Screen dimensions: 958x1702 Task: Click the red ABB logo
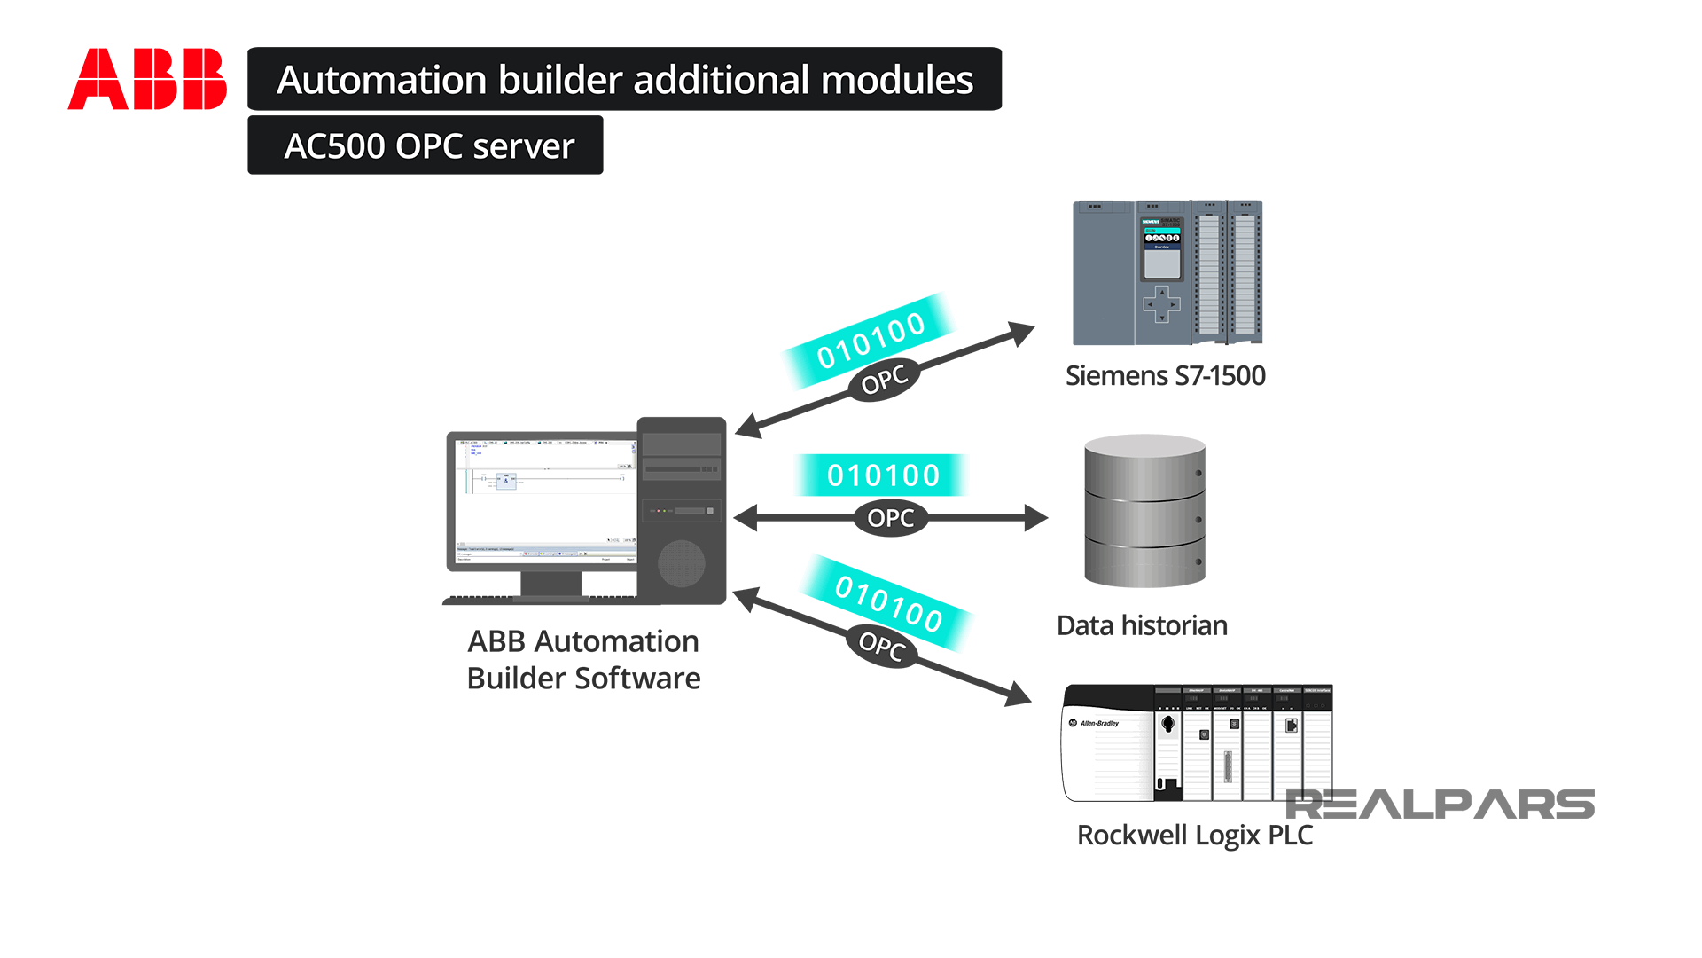point(147,79)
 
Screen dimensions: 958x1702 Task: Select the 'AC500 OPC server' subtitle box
point(425,145)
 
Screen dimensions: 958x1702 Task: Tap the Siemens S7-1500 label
point(1165,375)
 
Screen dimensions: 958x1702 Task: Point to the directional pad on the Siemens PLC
point(1161,304)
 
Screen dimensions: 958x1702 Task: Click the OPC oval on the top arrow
point(884,380)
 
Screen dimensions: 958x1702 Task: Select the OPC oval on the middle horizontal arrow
point(890,518)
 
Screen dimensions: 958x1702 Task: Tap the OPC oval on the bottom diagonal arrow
point(881,645)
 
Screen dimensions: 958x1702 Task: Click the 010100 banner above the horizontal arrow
point(882,475)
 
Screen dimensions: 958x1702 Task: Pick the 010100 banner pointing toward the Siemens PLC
point(870,340)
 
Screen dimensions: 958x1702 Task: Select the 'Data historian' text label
point(1142,625)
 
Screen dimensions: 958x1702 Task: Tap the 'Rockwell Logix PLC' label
point(1194,835)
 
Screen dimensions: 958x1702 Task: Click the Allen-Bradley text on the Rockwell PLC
point(1099,723)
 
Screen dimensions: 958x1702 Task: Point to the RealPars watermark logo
point(1440,805)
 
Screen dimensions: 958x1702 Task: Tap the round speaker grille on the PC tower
point(681,563)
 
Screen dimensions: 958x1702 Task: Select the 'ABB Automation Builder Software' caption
point(583,659)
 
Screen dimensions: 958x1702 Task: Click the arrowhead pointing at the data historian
point(1034,518)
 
